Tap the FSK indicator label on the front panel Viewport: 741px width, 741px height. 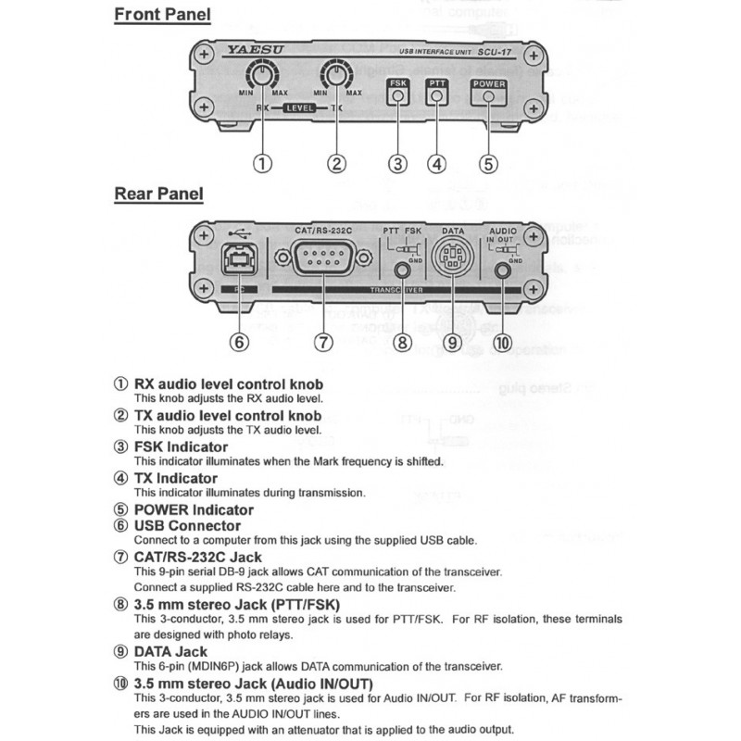pos(397,84)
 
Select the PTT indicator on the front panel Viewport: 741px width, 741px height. pos(436,84)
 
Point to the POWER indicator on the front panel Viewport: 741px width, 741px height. pos(488,84)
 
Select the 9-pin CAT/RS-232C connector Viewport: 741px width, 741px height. pos(320,257)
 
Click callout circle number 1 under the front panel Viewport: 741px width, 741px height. pos(264,164)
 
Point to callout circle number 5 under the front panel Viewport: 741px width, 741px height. pos(488,164)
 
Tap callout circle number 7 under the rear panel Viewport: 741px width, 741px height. pos(321,342)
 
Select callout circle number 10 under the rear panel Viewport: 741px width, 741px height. pos(503,342)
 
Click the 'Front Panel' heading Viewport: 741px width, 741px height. pos(162,15)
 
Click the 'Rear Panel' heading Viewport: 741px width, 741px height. pos(158,195)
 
